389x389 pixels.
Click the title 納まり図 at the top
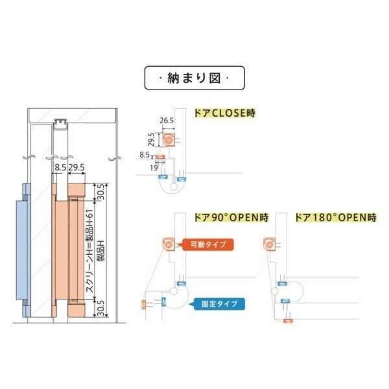point(194,79)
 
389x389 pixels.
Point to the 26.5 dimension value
point(167,121)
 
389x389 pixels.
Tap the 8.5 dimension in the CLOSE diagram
point(145,154)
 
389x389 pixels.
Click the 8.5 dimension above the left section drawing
point(60,167)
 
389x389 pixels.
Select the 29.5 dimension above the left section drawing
point(77,167)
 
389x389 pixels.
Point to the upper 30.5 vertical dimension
point(100,193)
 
